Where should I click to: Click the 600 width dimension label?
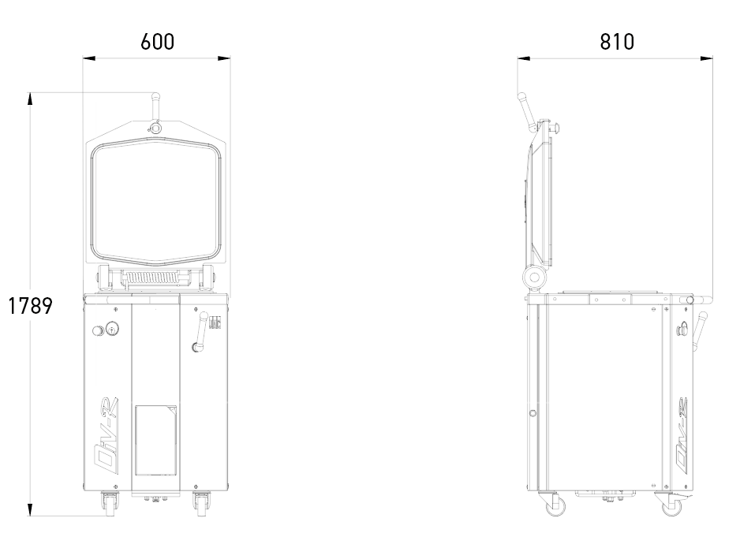(x=158, y=42)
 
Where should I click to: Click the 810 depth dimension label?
(x=617, y=42)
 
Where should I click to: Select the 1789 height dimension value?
(x=31, y=306)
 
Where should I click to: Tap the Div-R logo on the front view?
(x=107, y=438)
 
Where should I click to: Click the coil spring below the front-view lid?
(x=153, y=278)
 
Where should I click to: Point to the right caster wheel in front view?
(x=201, y=502)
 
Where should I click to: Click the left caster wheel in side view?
(x=555, y=506)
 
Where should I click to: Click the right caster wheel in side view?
(x=671, y=506)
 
